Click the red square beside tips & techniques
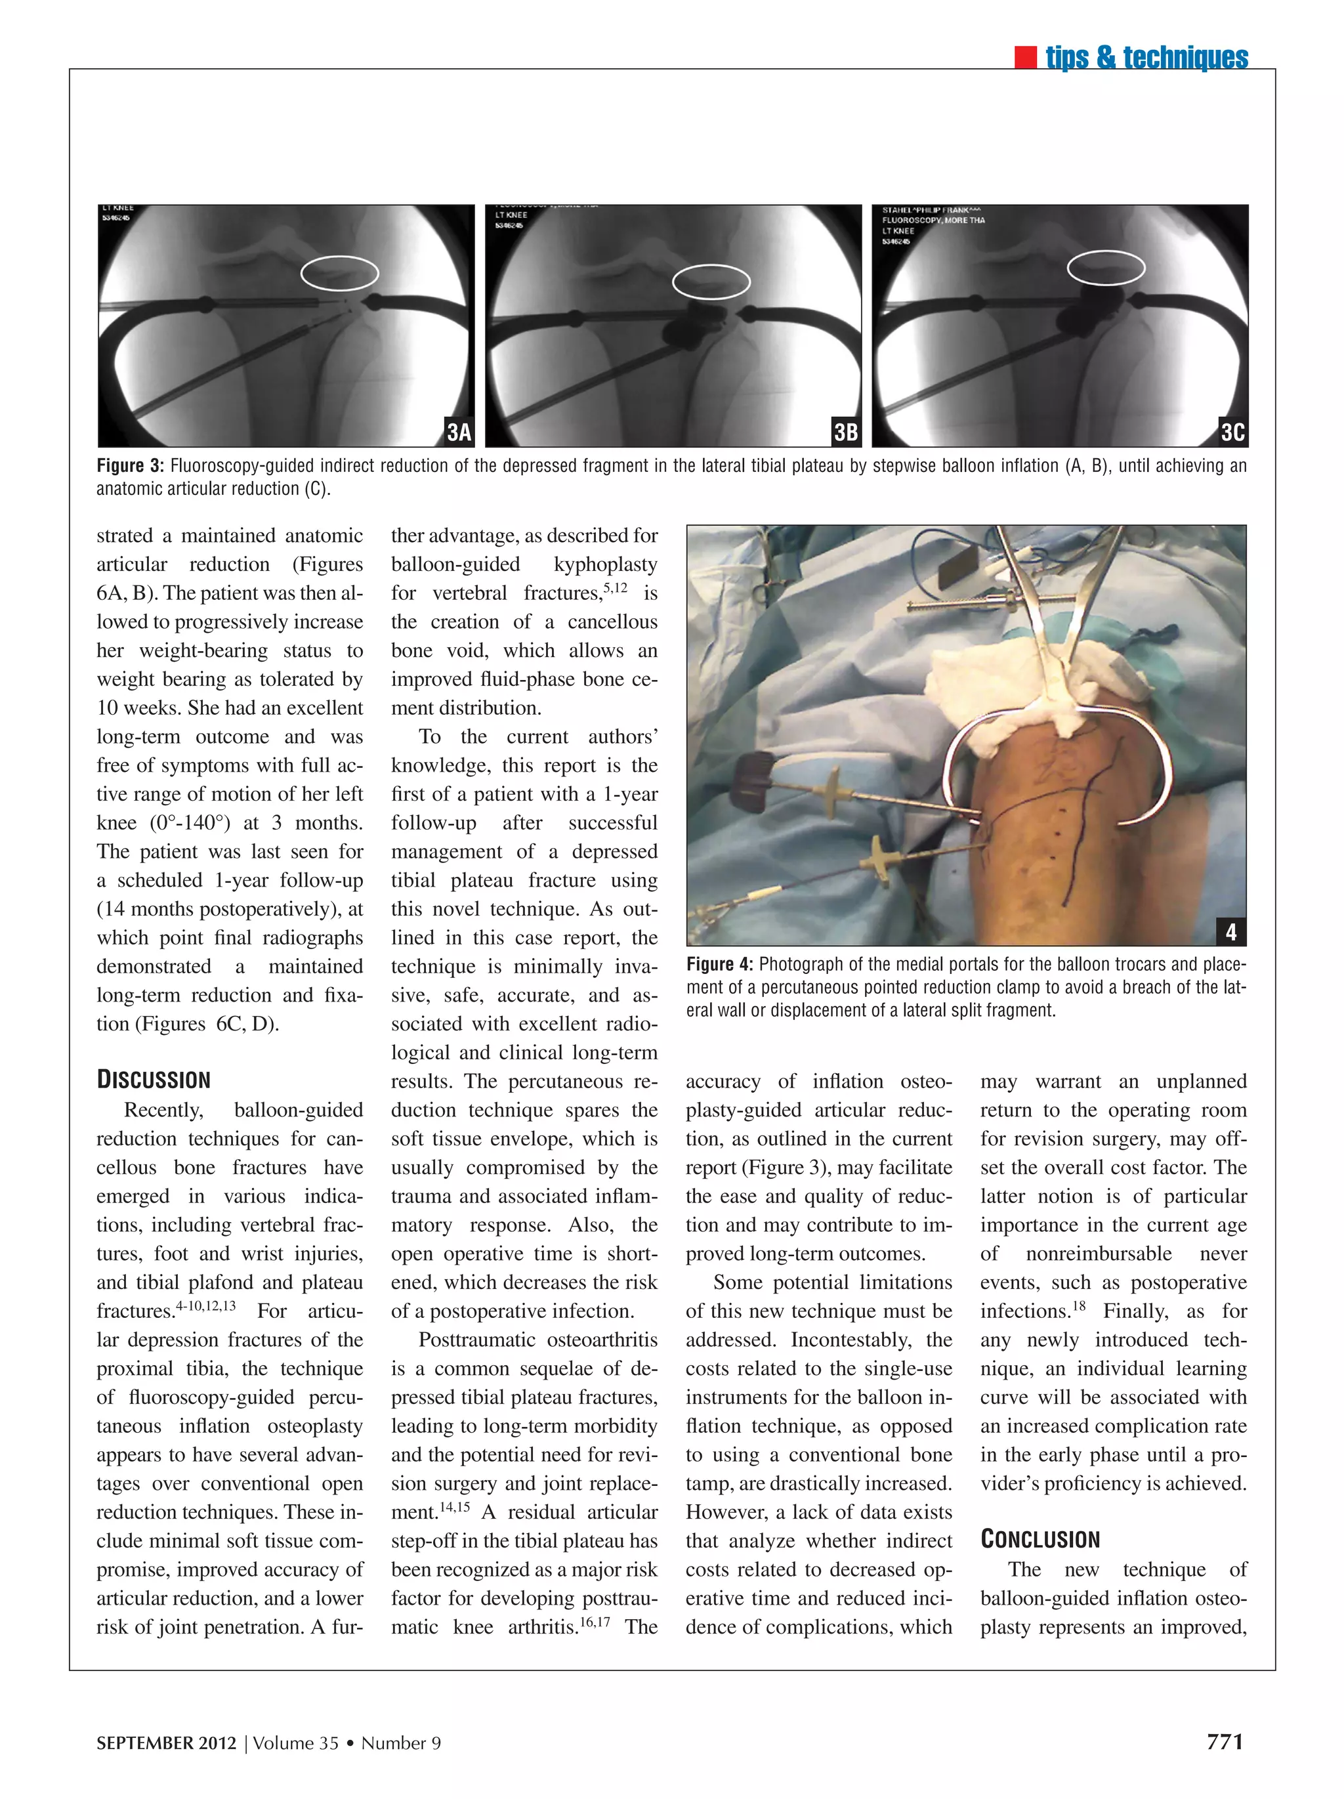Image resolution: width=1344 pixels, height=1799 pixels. coord(1025,58)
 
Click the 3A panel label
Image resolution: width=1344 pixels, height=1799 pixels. coord(459,432)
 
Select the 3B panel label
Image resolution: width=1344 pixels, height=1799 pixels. coord(846,432)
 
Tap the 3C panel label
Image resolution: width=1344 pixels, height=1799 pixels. coord(1232,432)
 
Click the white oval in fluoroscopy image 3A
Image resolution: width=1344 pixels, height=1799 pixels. coord(339,273)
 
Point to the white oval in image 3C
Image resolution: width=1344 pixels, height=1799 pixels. coord(1105,268)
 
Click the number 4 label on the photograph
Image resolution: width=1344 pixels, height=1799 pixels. coord(1230,931)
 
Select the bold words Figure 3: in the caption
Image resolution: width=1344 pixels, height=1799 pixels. coord(130,466)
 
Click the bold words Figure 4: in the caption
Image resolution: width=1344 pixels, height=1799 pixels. coord(719,965)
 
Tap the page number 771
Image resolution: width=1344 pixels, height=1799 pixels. coord(1225,1741)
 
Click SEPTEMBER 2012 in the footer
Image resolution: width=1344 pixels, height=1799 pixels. coord(166,1743)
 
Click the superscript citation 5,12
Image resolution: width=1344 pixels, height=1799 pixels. coord(615,587)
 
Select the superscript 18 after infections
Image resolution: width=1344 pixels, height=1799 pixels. coord(1078,1306)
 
